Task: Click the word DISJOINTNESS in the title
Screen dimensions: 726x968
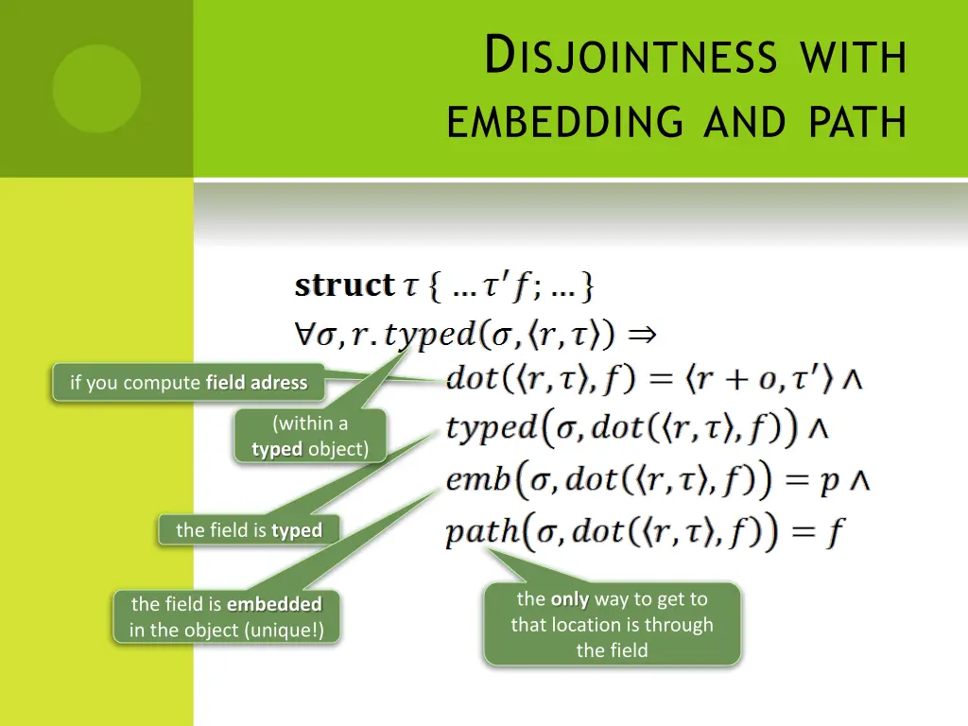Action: [631, 55]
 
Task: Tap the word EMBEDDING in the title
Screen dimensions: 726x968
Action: [566, 121]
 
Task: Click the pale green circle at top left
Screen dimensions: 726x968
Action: [96, 89]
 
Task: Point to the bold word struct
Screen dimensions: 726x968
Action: [344, 285]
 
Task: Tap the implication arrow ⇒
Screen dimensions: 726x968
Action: [642, 334]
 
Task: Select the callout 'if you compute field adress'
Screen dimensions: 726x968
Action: [188, 383]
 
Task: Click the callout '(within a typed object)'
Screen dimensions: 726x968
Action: [310, 436]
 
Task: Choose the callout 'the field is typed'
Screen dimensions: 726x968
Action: [249, 530]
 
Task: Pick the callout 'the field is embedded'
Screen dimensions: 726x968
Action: [226, 616]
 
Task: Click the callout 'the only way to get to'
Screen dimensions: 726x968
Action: [612, 624]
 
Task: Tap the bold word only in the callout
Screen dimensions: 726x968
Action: [570, 599]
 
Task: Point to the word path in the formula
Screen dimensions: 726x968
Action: [482, 532]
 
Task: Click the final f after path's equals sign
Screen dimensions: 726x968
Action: [835, 533]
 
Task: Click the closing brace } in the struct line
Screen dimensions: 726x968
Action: [587, 285]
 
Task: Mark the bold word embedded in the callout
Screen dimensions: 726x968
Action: [274, 604]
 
